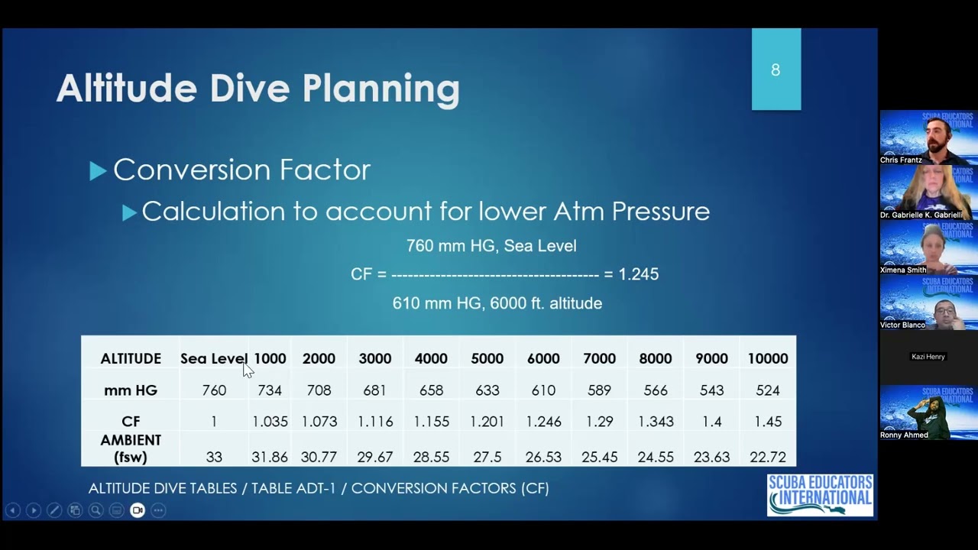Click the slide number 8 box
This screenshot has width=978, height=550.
pos(776,69)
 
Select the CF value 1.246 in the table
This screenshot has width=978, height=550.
pos(543,422)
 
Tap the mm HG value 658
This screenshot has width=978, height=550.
pos(431,390)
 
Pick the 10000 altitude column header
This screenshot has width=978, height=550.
pos(768,359)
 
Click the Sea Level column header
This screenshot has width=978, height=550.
pos(214,359)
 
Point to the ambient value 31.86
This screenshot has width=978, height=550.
pos(270,457)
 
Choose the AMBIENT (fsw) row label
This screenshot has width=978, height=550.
pos(131,448)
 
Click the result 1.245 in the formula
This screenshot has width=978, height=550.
pos(638,274)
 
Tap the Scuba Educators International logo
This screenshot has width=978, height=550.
pos(820,495)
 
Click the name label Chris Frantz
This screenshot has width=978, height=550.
pos(901,160)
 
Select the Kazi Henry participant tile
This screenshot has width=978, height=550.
pos(928,357)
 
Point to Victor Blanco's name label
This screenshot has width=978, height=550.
pos(902,325)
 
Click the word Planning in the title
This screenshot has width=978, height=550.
pos(381,89)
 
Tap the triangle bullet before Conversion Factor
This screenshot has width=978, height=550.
pos(98,170)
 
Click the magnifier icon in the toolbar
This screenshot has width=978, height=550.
pos(96,510)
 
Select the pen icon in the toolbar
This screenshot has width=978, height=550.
pos(54,510)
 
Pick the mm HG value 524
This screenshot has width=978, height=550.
pos(768,390)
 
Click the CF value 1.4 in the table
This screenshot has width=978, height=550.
pos(711,422)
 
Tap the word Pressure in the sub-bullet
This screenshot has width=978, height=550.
pos(661,212)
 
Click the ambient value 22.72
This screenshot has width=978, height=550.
pos(768,457)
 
